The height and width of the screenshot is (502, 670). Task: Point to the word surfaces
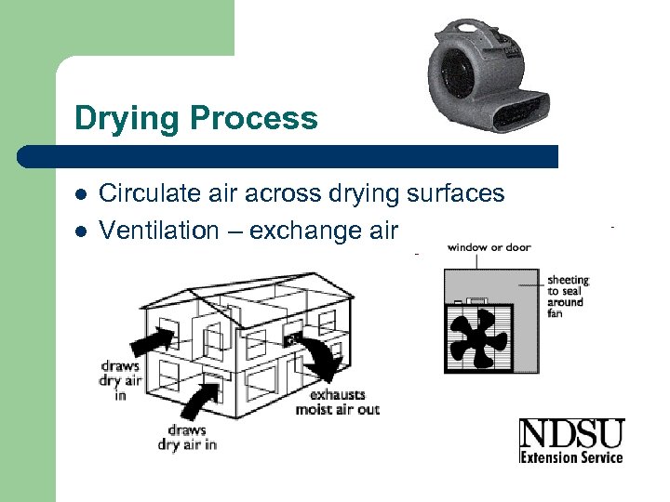click(455, 193)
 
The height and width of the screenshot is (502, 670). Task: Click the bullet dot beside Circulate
click(81, 194)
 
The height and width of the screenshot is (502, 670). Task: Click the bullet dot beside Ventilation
click(81, 231)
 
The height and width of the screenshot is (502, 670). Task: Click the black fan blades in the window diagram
click(476, 336)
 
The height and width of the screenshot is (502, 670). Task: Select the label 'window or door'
click(489, 247)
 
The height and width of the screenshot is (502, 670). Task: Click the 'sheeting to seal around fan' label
click(567, 297)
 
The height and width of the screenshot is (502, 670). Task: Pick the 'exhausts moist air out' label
click(337, 403)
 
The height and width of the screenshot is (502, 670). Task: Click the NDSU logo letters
click(570, 434)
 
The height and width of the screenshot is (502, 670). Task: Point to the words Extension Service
click(570, 456)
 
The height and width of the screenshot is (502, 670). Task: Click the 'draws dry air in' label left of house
click(121, 379)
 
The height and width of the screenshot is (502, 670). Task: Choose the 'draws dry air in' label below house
click(187, 437)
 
